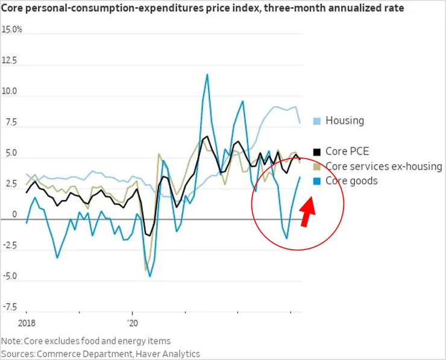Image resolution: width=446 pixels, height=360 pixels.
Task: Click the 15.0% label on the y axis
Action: point(12,30)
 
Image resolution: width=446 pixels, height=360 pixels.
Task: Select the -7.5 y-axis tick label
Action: point(9,307)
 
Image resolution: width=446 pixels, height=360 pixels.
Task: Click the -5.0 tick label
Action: point(9,276)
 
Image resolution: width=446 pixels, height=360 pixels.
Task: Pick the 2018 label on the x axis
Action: point(27,323)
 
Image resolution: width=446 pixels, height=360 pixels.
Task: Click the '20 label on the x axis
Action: point(133,323)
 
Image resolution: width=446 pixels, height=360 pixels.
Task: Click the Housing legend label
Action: point(345,120)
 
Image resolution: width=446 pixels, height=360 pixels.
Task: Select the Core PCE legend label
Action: point(347,151)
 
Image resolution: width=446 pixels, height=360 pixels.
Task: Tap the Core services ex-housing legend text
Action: point(384,166)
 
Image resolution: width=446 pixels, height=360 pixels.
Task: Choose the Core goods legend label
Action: point(351,180)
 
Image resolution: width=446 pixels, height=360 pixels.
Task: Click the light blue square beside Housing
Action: point(318,121)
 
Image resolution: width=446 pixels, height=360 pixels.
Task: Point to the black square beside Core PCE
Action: point(318,151)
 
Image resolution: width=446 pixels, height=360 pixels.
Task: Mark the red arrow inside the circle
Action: point(307,212)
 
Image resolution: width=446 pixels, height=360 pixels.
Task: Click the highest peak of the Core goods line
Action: point(207,74)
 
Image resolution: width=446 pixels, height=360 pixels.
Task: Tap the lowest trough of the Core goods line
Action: point(150,276)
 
